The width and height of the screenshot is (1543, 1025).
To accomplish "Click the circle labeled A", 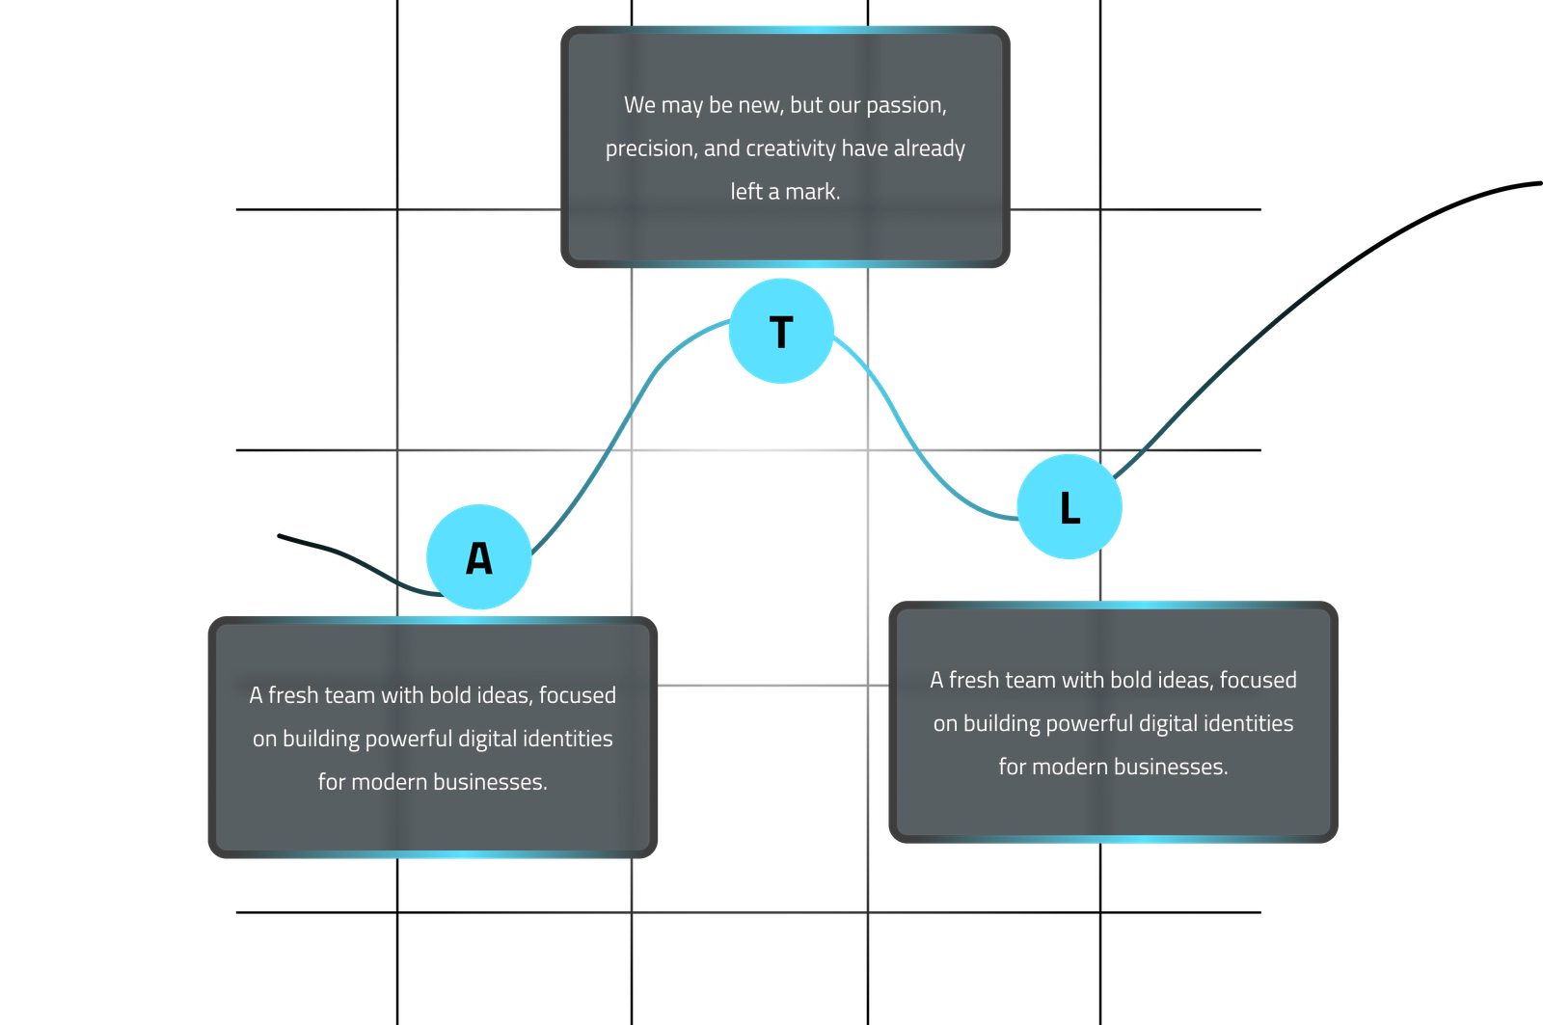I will coord(478,556).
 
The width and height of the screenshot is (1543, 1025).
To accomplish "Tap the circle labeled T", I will coord(780,331).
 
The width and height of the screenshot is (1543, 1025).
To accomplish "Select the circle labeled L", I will coord(1069,507).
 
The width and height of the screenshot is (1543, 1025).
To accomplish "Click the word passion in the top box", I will coord(906,105).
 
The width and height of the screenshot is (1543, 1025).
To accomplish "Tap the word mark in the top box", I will coord(813,192).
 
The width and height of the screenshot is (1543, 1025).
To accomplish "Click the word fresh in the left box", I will coord(295,695).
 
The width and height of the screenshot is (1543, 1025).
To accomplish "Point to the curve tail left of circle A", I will coord(357,558).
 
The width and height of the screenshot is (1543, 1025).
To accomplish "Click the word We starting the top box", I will coord(639,105).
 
